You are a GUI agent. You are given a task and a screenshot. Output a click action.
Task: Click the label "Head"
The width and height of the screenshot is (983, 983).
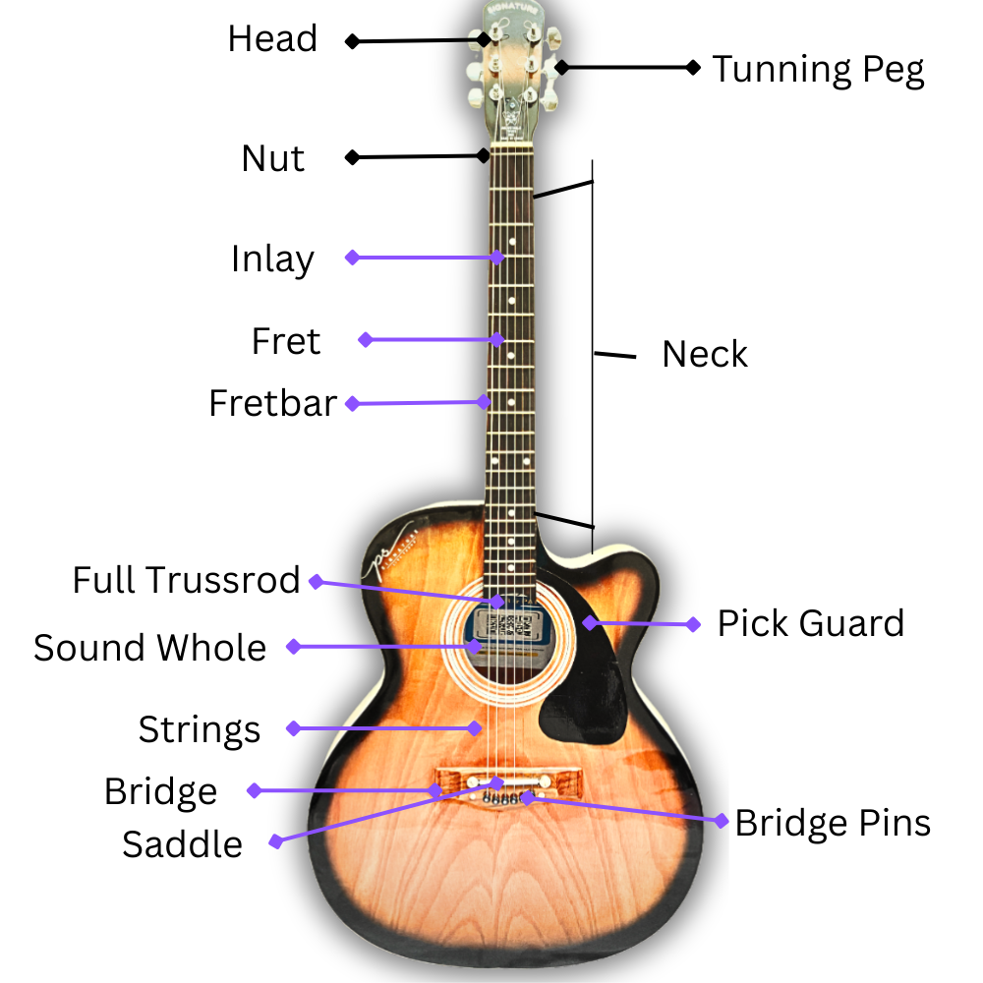[272, 39]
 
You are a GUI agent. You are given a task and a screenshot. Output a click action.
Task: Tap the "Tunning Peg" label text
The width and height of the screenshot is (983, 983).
[818, 70]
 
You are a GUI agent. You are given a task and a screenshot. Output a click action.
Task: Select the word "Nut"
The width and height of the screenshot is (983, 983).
[273, 158]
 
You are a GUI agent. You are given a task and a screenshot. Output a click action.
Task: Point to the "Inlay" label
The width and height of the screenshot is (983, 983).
[272, 260]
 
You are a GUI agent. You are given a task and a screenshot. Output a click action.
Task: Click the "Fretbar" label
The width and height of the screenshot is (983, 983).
[272, 403]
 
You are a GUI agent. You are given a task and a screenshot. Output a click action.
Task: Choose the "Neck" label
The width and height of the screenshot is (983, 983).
[705, 354]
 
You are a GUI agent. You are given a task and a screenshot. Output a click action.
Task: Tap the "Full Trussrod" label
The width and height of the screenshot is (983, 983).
[186, 580]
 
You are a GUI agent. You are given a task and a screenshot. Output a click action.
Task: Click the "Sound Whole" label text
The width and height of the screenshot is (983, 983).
[149, 648]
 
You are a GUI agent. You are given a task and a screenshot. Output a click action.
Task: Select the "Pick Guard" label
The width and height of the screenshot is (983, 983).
[810, 623]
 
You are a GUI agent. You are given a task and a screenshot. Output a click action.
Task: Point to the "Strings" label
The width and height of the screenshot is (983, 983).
[200, 729]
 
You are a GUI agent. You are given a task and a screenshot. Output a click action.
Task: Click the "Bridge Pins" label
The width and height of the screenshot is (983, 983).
[833, 823]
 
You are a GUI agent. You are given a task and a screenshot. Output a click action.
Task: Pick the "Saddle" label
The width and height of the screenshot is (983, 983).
[182, 844]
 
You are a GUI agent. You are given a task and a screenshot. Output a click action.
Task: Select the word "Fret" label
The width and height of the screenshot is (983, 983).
[286, 341]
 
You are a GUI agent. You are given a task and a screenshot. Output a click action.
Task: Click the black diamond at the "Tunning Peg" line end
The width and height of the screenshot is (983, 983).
[693, 67]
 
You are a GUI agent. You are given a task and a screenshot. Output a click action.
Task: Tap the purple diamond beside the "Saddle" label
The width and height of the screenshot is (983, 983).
[276, 841]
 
